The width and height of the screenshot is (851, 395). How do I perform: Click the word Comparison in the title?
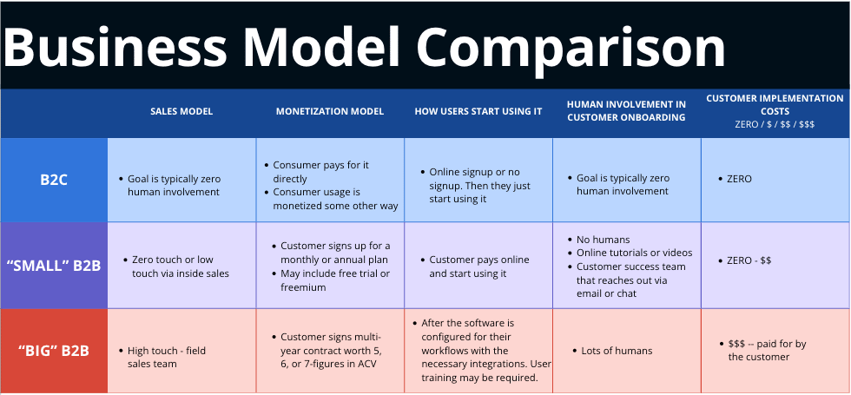pyautogui.click(x=571, y=48)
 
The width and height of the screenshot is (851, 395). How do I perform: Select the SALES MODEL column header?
pyautogui.click(x=181, y=111)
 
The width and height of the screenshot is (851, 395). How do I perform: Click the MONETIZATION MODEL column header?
pyautogui.click(x=330, y=111)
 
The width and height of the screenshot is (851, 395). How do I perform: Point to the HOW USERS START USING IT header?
pyautogui.click(x=478, y=111)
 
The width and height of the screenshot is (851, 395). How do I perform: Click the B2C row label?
pyautogui.click(x=54, y=181)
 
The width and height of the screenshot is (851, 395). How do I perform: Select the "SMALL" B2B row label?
pyautogui.click(x=54, y=266)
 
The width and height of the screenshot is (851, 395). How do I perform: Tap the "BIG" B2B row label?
pyautogui.click(x=54, y=351)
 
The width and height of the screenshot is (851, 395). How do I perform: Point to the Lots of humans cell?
pyautogui.click(x=613, y=351)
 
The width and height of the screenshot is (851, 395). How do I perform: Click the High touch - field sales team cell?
pyautogui.click(x=162, y=357)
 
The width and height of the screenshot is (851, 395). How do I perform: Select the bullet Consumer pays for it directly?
pyautogui.click(x=317, y=172)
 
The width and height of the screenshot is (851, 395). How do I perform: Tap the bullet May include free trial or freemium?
pyautogui.click(x=331, y=280)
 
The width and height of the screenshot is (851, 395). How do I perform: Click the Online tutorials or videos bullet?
pyautogui.click(x=630, y=253)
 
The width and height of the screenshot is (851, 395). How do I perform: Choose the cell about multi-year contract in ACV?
pyautogui.click(x=331, y=350)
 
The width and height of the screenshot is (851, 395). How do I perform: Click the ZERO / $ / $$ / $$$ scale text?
pyautogui.click(x=775, y=123)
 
